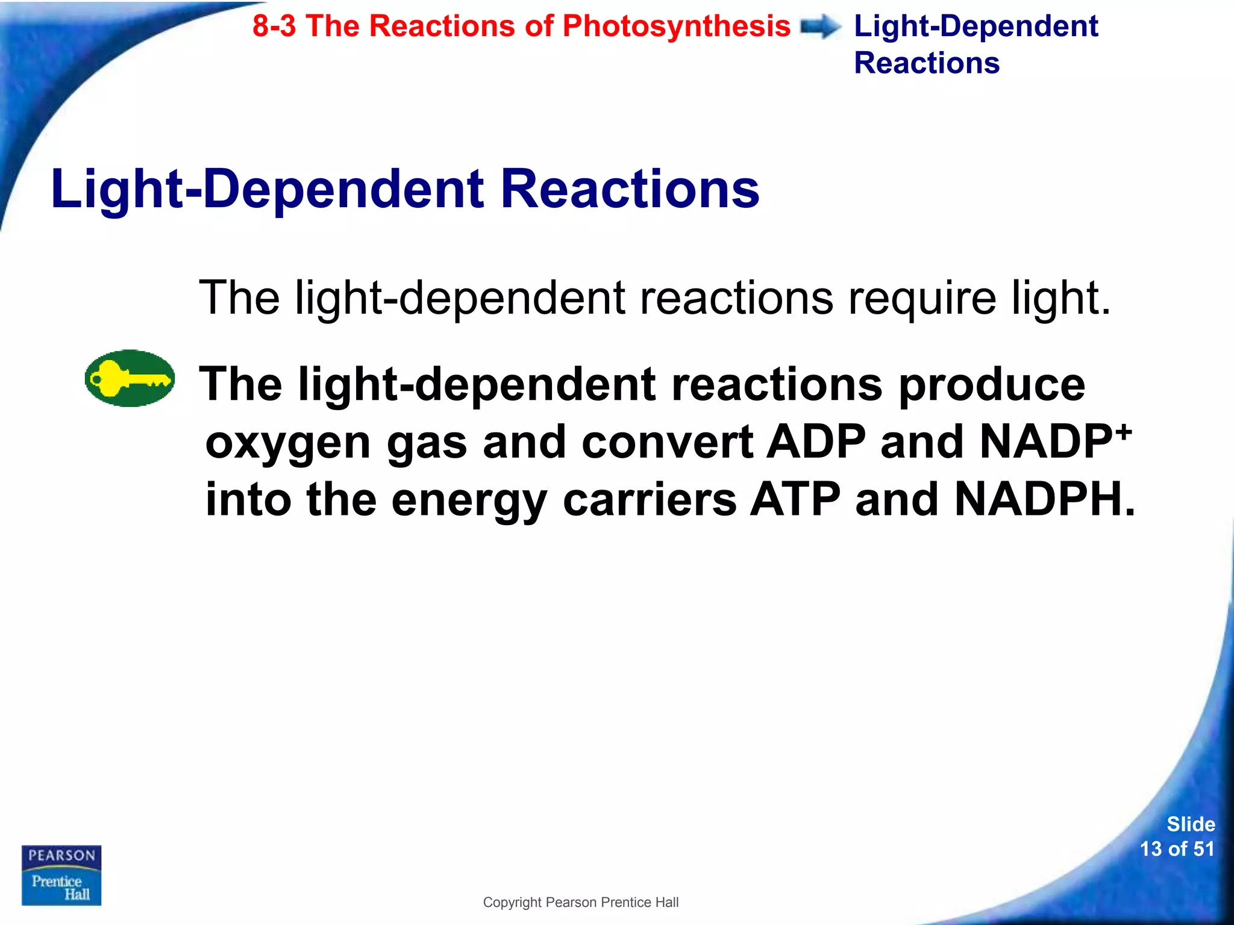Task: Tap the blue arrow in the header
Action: [821, 27]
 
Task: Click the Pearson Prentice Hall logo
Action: [61, 875]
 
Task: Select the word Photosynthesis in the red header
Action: [676, 26]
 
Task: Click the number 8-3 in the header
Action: [274, 26]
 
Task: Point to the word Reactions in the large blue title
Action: [630, 189]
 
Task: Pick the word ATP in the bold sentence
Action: [795, 500]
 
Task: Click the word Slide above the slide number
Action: [1191, 824]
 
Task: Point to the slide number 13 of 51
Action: [1177, 849]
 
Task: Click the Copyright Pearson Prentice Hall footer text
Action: [581, 902]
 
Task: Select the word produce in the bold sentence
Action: [992, 385]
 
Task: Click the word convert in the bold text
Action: [668, 442]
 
